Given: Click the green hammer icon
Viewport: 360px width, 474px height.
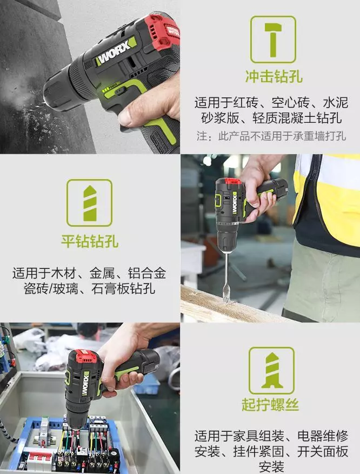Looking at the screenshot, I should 273,39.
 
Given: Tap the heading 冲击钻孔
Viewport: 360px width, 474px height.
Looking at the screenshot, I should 274,75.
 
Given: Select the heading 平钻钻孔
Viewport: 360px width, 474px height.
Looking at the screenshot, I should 90,241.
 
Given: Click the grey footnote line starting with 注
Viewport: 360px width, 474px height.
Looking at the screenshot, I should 270,135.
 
